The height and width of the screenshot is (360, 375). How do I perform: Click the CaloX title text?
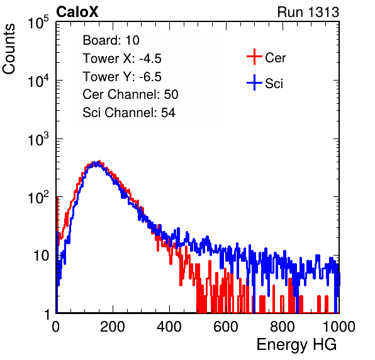click(x=77, y=12)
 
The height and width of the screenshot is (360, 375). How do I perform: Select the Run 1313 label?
click(x=308, y=12)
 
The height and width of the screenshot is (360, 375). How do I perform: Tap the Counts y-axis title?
click(x=9, y=49)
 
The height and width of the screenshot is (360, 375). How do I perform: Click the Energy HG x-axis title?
click(x=296, y=345)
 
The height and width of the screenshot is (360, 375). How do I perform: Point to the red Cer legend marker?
click(x=254, y=57)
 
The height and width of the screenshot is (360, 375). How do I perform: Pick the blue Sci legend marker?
click(x=254, y=82)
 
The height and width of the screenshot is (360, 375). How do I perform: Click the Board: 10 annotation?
click(x=111, y=40)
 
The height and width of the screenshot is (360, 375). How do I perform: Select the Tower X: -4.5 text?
click(x=122, y=59)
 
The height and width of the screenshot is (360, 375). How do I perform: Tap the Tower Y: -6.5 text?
click(x=122, y=77)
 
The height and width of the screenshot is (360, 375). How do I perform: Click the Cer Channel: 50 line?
click(x=130, y=94)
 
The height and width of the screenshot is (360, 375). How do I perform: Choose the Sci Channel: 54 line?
click(x=129, y=113)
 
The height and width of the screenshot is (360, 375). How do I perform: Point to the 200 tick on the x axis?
click(x=113, y=327)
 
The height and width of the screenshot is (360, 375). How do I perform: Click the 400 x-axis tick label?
click(x=169, y=327)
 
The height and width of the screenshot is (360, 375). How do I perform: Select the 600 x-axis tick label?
click(x=226, y=327)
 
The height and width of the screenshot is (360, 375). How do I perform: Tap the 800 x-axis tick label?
click(x=283, y=327)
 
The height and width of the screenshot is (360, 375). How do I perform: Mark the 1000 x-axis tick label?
click(x=339, y=327)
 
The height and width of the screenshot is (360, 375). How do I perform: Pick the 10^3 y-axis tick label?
click(x=38, y=139)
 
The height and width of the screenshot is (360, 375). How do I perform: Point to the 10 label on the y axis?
click(x=41, y=256)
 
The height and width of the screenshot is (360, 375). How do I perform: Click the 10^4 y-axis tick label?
click(x=38, y=81)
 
